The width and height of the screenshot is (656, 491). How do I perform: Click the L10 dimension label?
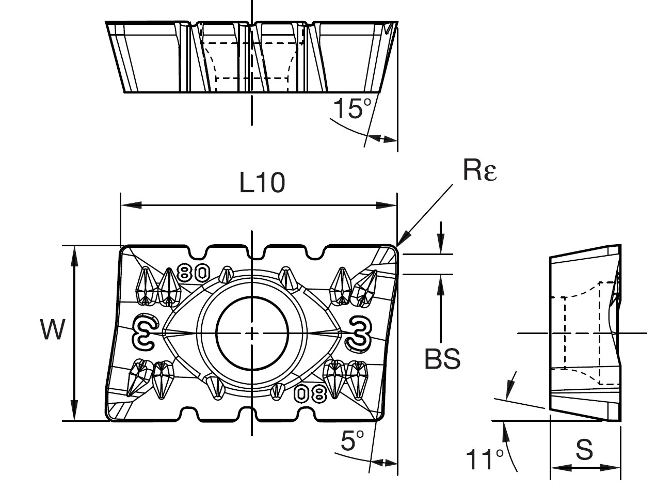coord(262,182)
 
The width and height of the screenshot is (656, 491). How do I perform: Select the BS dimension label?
coord(442,358)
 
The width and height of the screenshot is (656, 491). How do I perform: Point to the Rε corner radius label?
coord(479,171)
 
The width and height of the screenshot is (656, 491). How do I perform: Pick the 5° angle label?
coord(353,442)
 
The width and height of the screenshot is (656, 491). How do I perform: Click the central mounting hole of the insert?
coord(251,333)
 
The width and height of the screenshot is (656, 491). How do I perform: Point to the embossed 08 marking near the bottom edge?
coord(310,394)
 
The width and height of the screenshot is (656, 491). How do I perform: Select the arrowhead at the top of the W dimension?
coord(75,253)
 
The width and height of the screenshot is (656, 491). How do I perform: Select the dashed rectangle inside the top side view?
coord(251,59)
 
